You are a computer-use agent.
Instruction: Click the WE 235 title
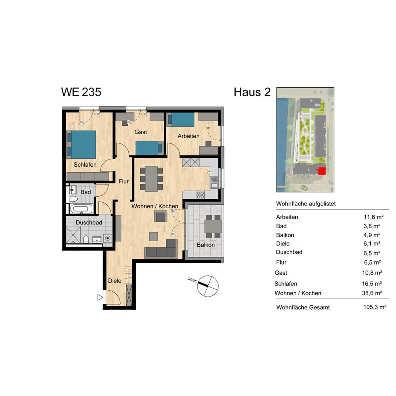[x=81, y=92]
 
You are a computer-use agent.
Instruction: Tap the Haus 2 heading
[x=252, y=92]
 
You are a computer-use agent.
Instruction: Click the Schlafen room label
[x=85, y=165]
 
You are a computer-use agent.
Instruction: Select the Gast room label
[x=141, y=132]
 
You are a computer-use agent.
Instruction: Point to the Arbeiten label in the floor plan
[x=188, y=136]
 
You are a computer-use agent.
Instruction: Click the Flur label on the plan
[x=123, y=181]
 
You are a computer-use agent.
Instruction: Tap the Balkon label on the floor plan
[x=206, y=245]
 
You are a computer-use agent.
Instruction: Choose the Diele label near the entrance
[x=115, y=281]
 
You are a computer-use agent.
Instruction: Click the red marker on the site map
[x=322, y=171]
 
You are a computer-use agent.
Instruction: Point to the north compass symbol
[x=207, y=286]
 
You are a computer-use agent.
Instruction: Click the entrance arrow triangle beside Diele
[x=100, y=297]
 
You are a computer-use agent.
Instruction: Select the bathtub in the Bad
[x=82, y=209]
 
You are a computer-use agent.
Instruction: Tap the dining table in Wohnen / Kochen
[x=151, y=179]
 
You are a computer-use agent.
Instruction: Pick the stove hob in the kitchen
[x=200, y=195]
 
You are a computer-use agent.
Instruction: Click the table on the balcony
[x=214, y=226]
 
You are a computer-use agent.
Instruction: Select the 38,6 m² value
[x=372, y=293]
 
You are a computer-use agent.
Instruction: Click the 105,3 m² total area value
[x=375, y=307]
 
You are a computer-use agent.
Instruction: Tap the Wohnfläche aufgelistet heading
[x=306, y=204]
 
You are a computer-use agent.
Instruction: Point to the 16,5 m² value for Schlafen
[x=372, y=283]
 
